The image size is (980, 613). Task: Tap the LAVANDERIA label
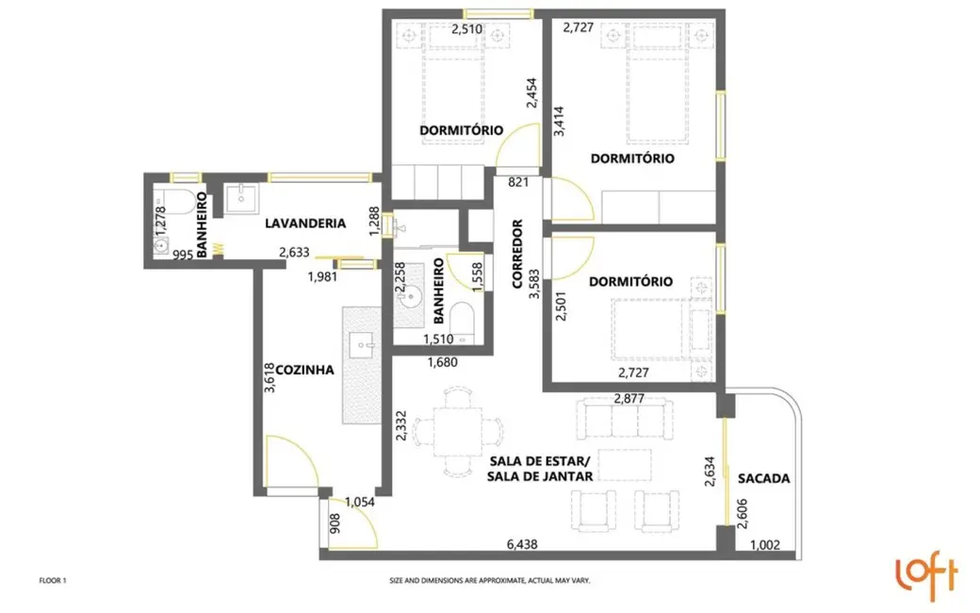[x=304, y=224]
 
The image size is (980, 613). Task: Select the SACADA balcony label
[x=763, y=478]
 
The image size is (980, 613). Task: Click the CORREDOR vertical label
[x=517, y=254]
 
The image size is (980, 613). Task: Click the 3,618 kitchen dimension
[x=269, y=377]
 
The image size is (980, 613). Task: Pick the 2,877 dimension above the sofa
[x=629, y=398]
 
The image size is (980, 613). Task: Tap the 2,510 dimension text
[x=467, y=29]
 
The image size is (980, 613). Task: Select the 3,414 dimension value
[x=560, y=123]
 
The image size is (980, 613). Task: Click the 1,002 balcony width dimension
[x=766, y=546]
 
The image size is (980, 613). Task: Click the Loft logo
[x=925, y=574]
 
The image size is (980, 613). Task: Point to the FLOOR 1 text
[x=53, y=581]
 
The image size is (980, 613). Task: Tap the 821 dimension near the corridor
[x=517, y=181]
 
